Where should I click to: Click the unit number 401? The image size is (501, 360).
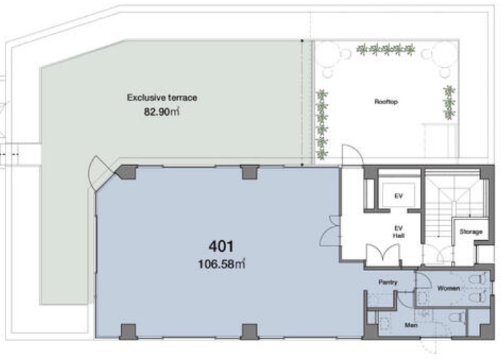point(221,246)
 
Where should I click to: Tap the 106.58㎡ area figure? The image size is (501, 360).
point(222,264)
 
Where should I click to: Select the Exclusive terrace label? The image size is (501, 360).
point(162,98)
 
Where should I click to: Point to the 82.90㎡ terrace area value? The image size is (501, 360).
point(162,112)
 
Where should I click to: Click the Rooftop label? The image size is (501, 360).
point(386,102)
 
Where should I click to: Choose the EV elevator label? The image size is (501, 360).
point(398,196)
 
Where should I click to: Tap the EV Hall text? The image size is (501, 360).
point(398,232)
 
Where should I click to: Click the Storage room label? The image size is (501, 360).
point(471,232)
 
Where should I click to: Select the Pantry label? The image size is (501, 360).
point(388,283)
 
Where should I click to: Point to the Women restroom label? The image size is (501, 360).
point(449,288)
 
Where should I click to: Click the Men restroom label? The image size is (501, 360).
point(411,325)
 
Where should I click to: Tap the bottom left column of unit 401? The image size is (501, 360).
point(128,331)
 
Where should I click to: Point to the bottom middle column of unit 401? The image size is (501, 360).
point(250,331)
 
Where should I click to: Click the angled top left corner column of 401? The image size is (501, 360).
point(127,172)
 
